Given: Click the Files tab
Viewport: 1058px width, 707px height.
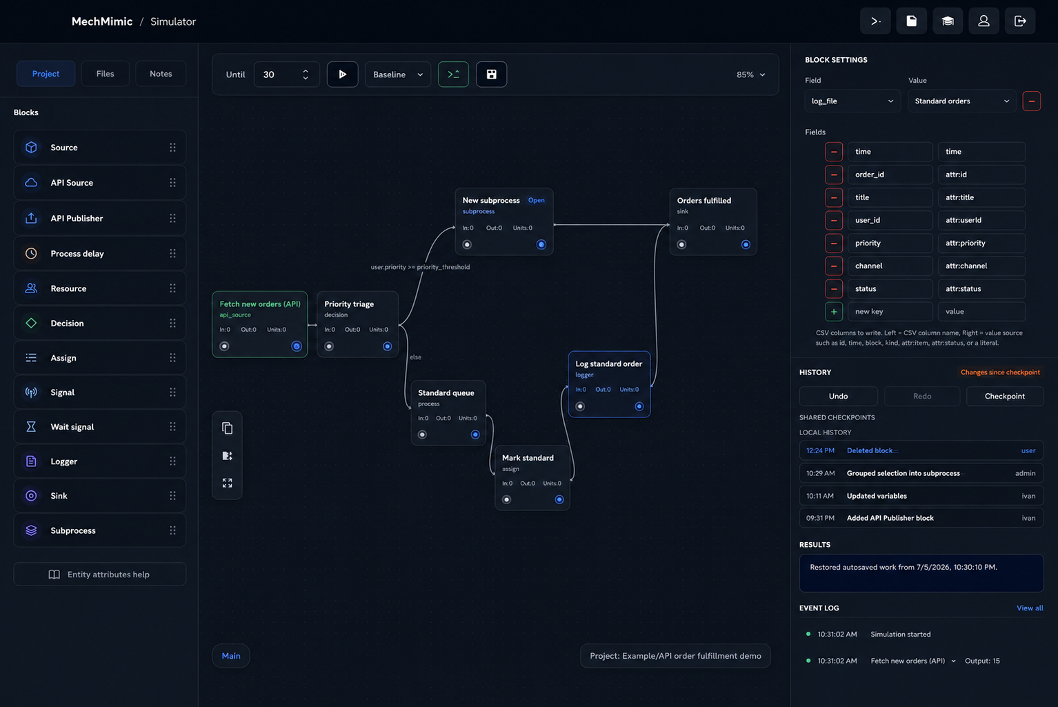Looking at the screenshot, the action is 105,74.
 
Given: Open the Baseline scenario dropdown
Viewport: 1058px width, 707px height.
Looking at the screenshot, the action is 398,74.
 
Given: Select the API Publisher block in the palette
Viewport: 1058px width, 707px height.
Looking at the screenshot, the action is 99,218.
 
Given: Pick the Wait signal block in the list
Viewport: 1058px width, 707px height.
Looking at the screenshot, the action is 99,427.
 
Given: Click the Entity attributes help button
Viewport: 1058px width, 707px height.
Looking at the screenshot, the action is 99,575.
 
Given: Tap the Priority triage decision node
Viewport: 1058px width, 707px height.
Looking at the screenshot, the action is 357,324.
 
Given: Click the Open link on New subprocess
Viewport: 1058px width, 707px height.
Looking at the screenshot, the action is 536,200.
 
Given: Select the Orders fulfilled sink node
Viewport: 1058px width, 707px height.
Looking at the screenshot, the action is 713,222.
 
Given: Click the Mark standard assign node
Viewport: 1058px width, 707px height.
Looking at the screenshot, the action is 532,478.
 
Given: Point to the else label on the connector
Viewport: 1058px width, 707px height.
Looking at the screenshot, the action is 416,357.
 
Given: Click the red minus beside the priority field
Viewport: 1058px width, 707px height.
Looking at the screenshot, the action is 834,243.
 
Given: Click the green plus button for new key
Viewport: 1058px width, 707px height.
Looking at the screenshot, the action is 834,312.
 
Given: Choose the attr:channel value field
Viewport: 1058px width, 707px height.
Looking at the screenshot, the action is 981,266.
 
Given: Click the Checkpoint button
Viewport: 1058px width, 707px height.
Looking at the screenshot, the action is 1005,396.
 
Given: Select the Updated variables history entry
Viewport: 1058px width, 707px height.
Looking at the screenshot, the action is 921,496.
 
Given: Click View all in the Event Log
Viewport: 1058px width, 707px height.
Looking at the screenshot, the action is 1030,608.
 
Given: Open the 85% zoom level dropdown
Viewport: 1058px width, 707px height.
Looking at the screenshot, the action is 750,74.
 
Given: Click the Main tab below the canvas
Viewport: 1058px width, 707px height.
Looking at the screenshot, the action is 231,656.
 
